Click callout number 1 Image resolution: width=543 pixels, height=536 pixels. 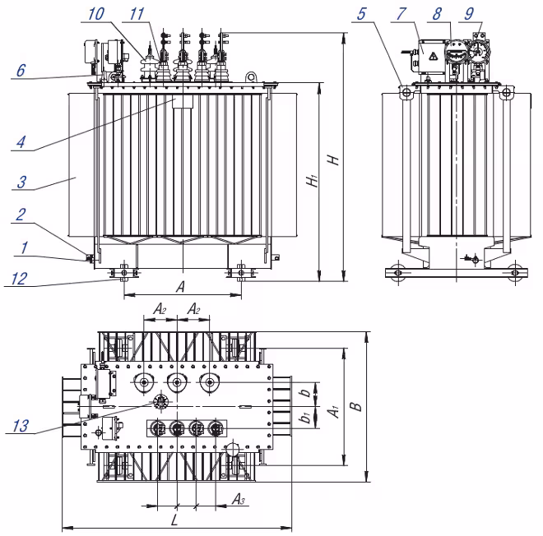coord(25,246)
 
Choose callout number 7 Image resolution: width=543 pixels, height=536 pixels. coord(422,15)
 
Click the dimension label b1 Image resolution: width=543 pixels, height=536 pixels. coord(304,418)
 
